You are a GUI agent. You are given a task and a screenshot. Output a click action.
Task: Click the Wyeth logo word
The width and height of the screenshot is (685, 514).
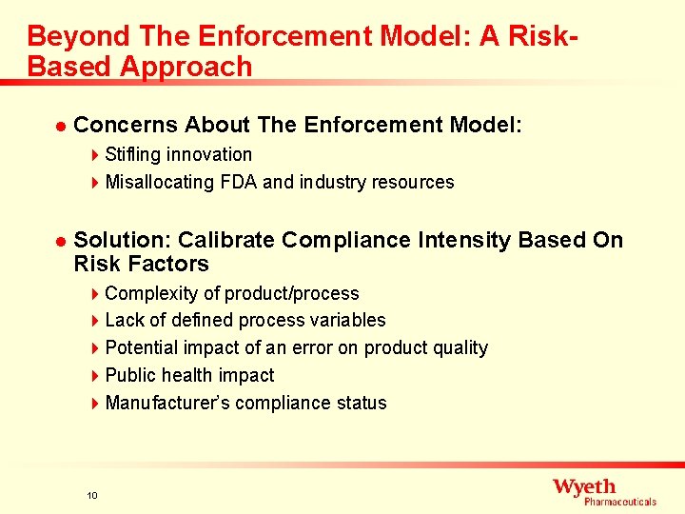584,486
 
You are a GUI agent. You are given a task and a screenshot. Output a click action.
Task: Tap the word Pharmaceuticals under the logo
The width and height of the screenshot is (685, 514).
619,502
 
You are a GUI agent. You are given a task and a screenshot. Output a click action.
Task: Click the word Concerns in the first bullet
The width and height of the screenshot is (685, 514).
126,125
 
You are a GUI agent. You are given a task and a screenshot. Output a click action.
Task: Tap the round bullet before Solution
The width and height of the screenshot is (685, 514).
59,240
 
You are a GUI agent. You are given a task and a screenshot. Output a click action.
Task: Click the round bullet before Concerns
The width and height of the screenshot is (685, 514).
59,126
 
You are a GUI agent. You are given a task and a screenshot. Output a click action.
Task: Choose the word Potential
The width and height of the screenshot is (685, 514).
141,347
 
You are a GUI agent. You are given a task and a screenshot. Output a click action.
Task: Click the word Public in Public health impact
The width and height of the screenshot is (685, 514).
131,375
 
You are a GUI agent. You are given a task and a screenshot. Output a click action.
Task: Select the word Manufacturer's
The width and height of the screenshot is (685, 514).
167,403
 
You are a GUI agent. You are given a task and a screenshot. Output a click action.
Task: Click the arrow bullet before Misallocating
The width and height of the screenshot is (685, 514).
96,182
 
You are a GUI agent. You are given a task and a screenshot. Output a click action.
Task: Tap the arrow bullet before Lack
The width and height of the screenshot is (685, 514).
96,321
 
